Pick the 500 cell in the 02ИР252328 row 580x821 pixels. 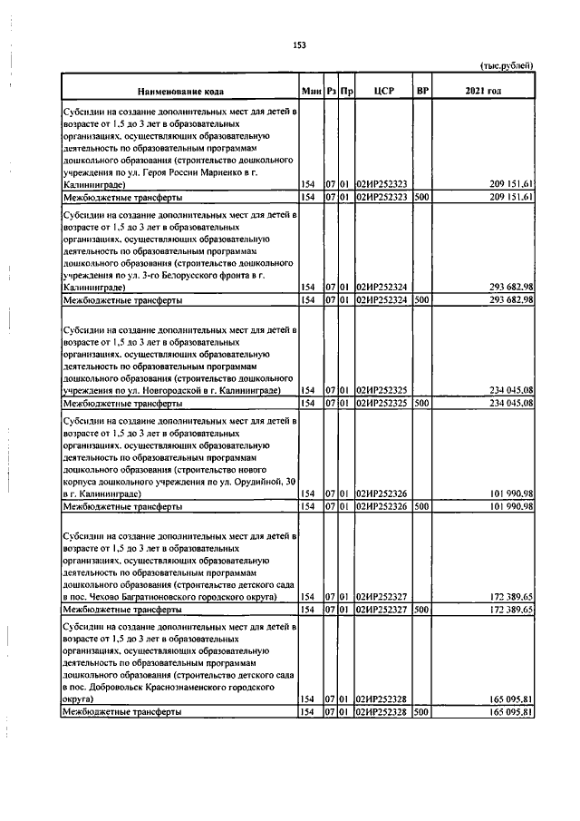420,713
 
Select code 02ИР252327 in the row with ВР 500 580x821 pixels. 382,610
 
